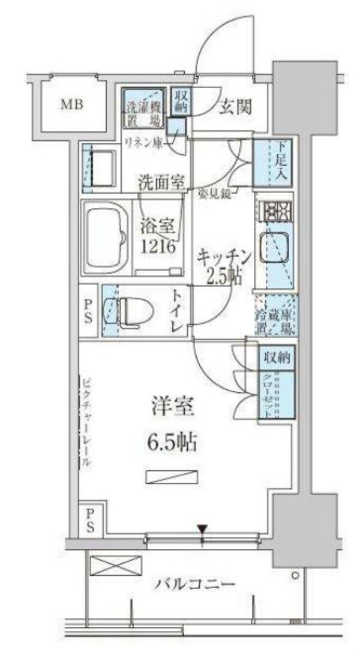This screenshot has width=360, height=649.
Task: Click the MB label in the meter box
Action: tap(71, 106)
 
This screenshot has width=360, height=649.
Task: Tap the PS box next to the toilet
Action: tap(88, 310)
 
